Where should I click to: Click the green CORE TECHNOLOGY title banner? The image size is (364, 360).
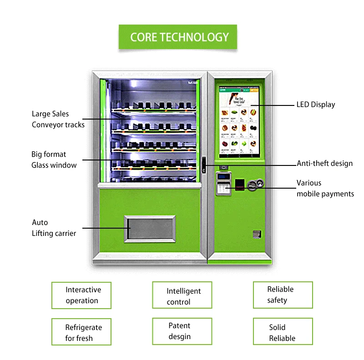[x=178, y=37]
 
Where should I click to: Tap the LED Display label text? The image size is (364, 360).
[x=316, y=105]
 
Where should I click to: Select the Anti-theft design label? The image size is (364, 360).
[x=324, y=164]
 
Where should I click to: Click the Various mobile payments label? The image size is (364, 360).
[x=325, y=188]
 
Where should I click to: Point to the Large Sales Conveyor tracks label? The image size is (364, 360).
[x=58, y=119]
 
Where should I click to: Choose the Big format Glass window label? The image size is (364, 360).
[x=54, y=160]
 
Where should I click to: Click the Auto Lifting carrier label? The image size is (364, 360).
[x=54, y=228]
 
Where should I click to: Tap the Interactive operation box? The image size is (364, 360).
[x=81, y=295]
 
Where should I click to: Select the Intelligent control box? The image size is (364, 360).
[x=182, y=296]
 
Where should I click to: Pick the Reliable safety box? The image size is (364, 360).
[x=283, y=295]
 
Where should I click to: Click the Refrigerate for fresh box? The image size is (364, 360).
[x=81, y=333]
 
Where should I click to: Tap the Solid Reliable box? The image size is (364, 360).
[x=283, y=333]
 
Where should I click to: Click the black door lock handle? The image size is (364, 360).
[x=204, y=164]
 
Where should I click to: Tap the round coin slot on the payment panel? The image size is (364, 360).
[x=260, y=183]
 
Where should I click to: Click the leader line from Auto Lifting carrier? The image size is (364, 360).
[x=105, y=228]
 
